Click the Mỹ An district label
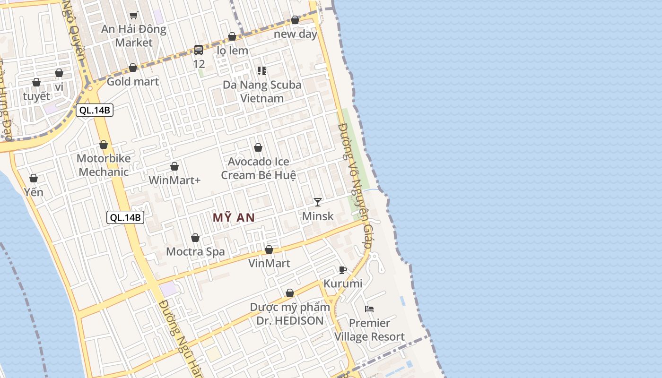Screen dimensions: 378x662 tap(234, 218)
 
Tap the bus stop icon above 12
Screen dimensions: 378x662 tap(199, 50)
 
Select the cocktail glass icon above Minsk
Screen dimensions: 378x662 tap(318, 202)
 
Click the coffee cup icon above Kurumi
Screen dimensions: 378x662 tap(343, 270)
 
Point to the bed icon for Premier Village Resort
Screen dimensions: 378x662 tap(369, 309)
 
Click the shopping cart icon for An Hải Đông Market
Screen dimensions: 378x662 tap(134, 16)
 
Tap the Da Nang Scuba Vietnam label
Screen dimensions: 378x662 tap(262, 92)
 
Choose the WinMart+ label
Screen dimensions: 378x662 tap(174, 180)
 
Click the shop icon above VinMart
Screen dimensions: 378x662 tap(269, 249)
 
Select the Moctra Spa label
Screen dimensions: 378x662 tap(195, 252)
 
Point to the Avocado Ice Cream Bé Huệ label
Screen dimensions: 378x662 tap(259, 168)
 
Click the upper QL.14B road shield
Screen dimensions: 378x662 tap(95, 111)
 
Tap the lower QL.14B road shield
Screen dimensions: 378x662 tap(125, 217)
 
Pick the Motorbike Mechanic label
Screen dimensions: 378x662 tap(104, 165)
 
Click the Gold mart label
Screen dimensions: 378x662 tap(133, 81)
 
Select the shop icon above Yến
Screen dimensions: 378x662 tap(34, 178)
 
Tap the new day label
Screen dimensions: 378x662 tap(296, 34)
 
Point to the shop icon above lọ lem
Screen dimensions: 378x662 tap(232, 36)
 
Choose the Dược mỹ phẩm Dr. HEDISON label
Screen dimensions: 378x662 tap(290, 314)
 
